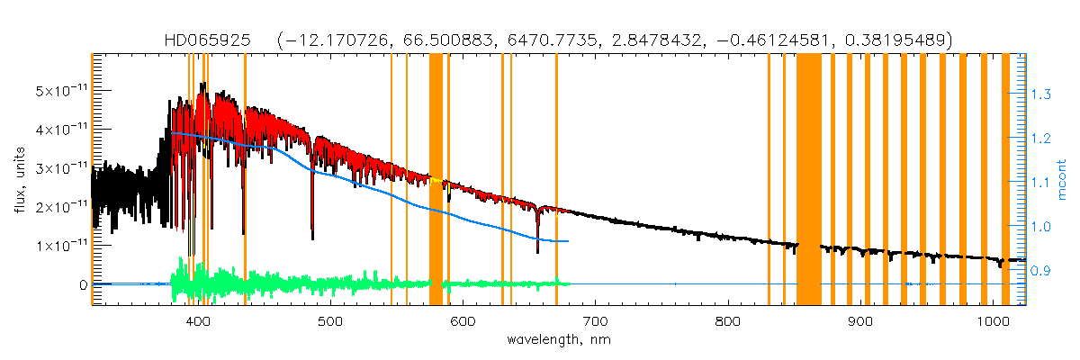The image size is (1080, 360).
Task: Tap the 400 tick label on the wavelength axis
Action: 198,321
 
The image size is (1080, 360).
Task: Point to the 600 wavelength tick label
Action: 463,321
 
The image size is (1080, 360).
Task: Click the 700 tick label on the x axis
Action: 595,321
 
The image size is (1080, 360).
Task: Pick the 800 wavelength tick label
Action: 727,321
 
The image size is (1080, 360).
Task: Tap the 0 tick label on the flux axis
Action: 82,284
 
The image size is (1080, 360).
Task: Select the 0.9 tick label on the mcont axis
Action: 1041,270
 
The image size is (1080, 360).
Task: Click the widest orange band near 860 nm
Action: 809,180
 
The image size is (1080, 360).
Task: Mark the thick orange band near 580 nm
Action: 436,180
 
